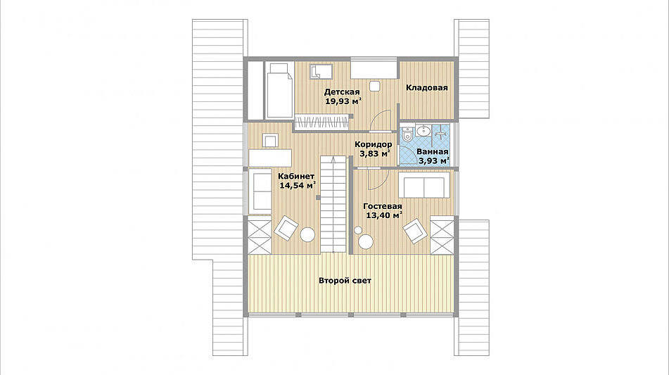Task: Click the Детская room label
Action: (341, 91)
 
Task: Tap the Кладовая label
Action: (427, 87)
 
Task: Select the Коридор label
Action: (374, 144)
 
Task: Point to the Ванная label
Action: (432, 151)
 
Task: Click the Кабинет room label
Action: (297, 176)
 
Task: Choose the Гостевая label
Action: (382, 206)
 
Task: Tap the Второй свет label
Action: (345, 281)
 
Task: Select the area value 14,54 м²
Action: (298, 185)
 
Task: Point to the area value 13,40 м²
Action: (384, 215)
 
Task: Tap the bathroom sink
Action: (423, 131)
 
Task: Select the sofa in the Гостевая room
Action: (424, 185)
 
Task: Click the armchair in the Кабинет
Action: (286, 228)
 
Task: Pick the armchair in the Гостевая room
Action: (415, 231)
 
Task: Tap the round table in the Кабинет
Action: (307, 235)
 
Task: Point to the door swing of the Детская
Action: (380, 119)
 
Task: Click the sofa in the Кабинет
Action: (260, 191)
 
